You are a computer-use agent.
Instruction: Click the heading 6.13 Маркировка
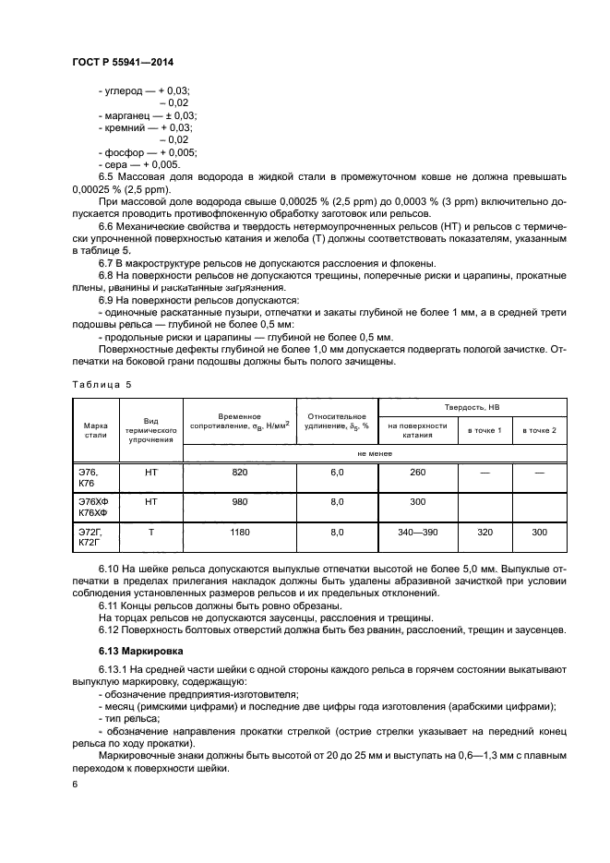tap(138, 651)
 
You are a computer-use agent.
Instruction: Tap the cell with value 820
tap(240, 473)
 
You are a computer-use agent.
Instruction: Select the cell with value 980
tap(240, 502)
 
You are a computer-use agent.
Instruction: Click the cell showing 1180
tap(240, 533)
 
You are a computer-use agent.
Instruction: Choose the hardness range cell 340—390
tap(417, 533)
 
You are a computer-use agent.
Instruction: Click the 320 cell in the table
tap(484, 533)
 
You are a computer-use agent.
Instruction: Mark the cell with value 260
tap(417, 473)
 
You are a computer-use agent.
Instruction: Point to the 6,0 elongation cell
tap(337, 473)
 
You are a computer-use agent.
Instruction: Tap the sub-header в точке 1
tap(484, 431)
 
